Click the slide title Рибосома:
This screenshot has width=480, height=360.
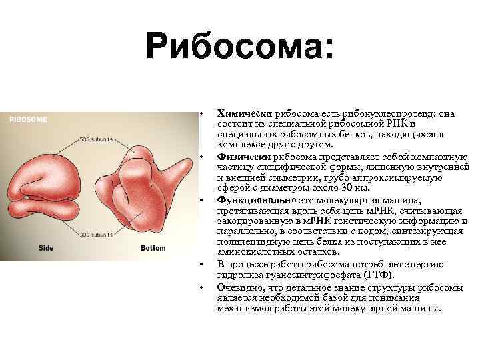tap(240, 47)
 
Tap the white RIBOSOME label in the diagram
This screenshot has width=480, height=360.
tap(28, 119)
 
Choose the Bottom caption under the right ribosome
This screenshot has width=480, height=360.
tap(153, 248)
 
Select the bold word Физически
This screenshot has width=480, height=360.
tap(240, 157)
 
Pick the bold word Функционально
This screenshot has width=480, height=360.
tap(251, 200)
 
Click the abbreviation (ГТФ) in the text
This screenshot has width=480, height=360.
tap(381, 275)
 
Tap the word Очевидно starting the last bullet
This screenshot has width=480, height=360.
tap(239, 286)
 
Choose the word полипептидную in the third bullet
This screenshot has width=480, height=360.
tap(249, 243)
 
